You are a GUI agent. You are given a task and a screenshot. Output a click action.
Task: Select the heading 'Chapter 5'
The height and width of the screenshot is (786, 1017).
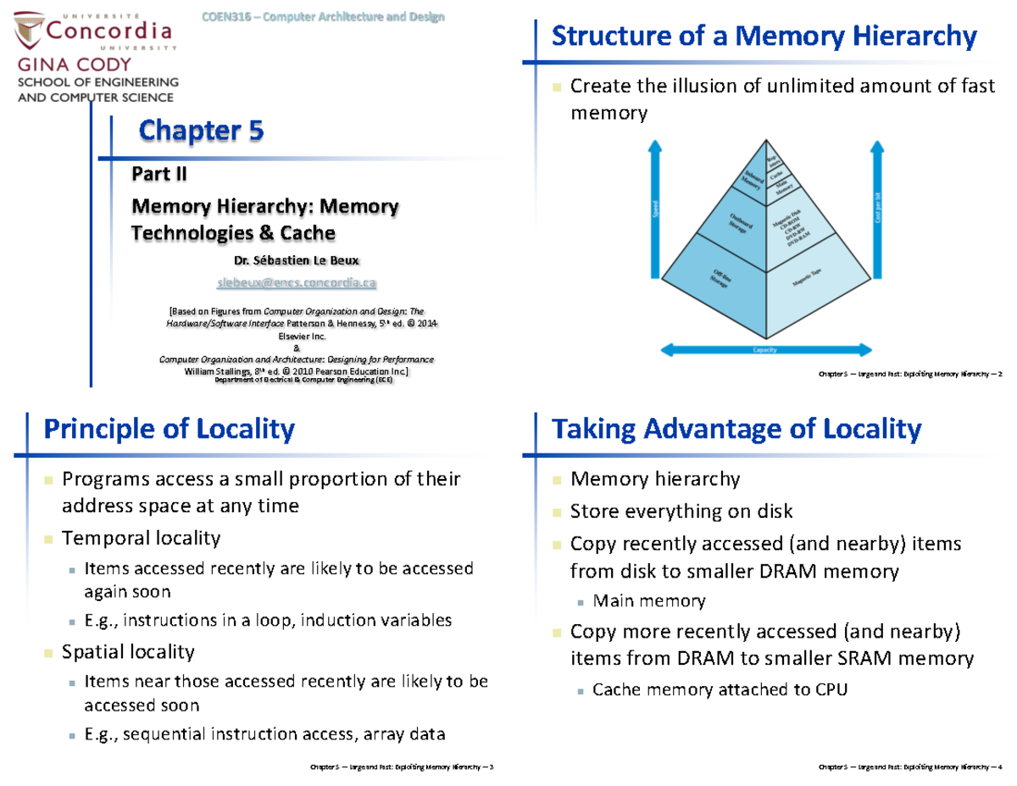tap(201, 131)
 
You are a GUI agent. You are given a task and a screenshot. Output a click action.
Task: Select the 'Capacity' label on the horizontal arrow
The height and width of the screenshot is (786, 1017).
tap(766, 349)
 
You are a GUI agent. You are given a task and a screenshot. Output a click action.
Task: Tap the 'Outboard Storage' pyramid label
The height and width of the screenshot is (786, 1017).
tap(739, 223)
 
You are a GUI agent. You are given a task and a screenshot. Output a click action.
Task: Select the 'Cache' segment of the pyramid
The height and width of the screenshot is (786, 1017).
tap(776, 174)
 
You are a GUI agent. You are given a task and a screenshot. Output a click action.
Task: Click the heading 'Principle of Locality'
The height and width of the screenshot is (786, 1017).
tap(169, 429)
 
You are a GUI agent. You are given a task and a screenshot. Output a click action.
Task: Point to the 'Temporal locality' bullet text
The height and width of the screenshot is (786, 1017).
tap(142, 538)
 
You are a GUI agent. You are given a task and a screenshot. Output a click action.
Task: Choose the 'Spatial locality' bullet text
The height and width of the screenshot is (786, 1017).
tap(128, 651)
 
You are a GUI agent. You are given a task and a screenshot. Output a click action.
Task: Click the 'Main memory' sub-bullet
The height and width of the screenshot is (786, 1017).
tap(649, 601)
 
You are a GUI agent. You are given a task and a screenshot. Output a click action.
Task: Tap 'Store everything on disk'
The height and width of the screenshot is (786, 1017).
tap(681, 511)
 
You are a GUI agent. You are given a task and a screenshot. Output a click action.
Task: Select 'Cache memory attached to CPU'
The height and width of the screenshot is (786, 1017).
tap(720, 689)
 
